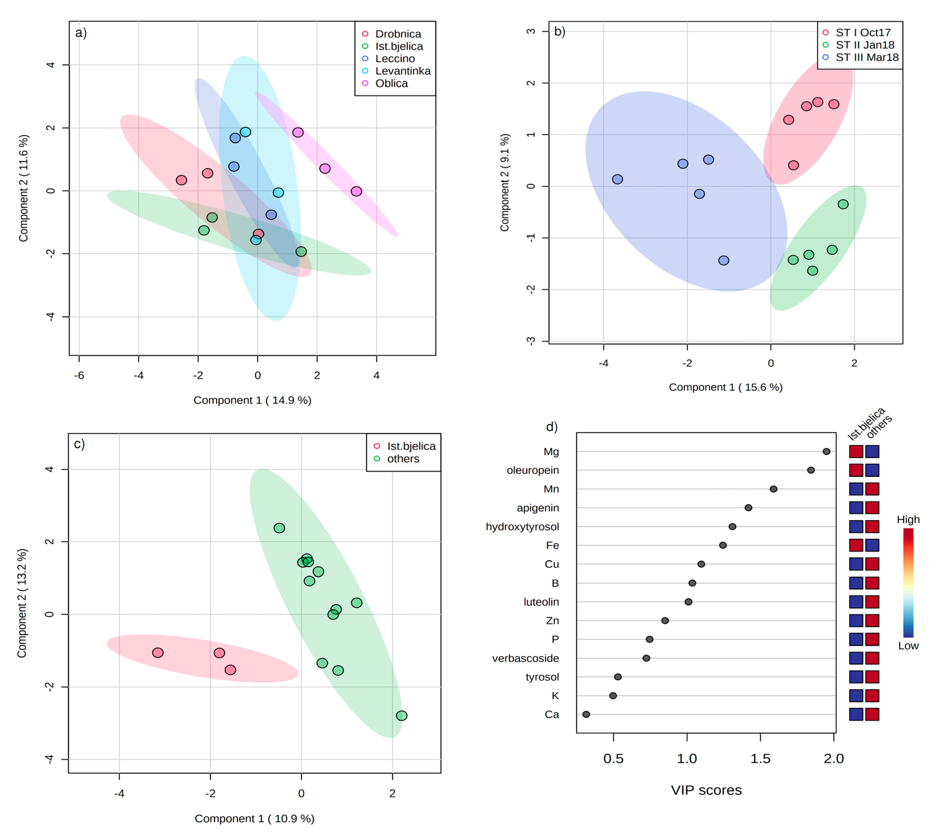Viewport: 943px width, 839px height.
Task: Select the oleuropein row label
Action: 533,470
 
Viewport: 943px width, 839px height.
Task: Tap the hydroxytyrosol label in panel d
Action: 522,527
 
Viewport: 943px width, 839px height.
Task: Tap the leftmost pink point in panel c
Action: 158,653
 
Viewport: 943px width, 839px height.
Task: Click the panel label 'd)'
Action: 552,427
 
